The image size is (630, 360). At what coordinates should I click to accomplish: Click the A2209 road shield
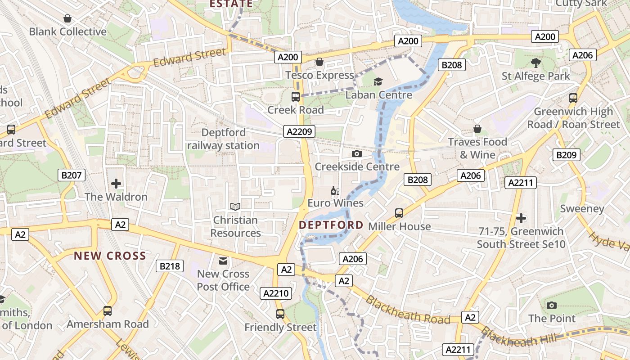[299, 131]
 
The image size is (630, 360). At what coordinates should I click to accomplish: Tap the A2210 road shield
[276, 293]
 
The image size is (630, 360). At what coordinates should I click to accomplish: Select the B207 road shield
[72, 175]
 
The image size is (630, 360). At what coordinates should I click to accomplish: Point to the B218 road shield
[170, 266]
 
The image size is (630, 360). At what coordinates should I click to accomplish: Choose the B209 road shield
[567, 155]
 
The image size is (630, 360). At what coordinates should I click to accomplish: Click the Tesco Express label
[319, 75]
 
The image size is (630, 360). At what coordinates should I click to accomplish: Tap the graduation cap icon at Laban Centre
[378, 81]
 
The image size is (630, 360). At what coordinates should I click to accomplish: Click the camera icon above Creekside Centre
[357, 153]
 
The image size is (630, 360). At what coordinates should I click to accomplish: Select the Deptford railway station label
[223, 139]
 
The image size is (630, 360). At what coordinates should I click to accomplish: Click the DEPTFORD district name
[331, 225]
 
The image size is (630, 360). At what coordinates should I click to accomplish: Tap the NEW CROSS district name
[110, 256]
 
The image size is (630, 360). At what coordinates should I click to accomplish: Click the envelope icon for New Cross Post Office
[223, 261]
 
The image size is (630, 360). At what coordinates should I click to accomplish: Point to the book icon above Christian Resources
[235, 207]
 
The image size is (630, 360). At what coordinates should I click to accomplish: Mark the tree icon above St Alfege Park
[535, 63]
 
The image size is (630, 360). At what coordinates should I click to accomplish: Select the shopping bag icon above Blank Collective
[67, 18]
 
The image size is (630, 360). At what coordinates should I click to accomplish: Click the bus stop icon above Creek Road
[296, 96]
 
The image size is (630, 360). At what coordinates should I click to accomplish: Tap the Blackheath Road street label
[407, 310]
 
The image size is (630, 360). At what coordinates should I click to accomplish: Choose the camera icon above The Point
[551, 305]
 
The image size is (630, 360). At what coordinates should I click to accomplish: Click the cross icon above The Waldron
[116, 184]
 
